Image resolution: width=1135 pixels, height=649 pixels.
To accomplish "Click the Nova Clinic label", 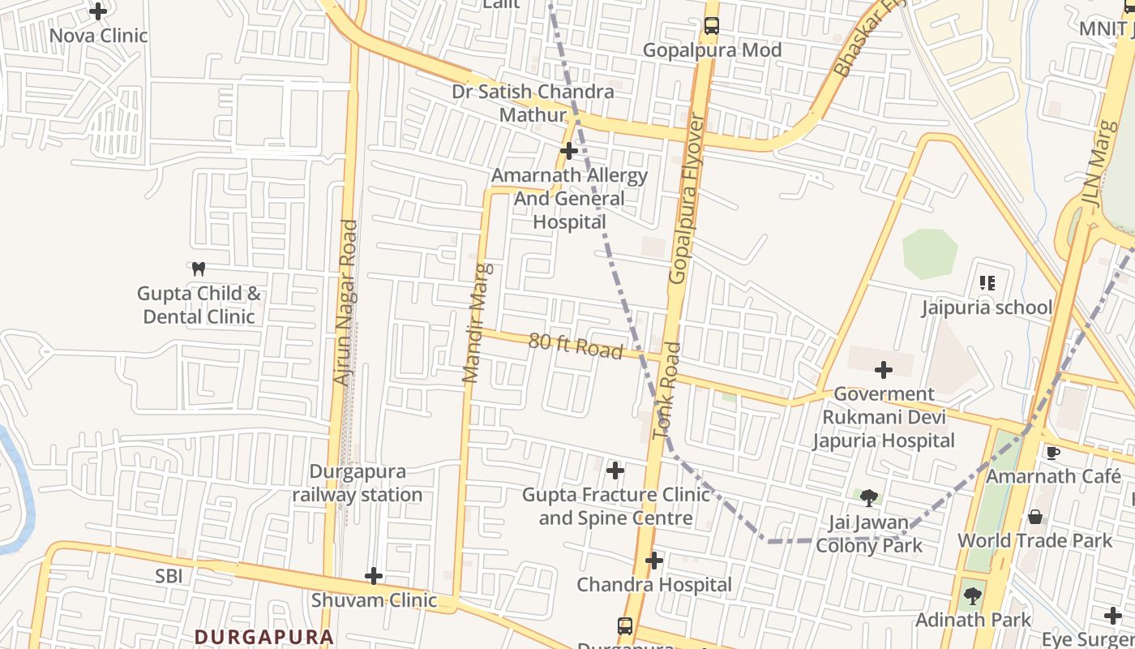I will [98, 36].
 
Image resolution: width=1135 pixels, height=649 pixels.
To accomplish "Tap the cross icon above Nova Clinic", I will [98, 11].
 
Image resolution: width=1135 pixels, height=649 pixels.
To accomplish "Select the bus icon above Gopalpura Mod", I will [711, 26].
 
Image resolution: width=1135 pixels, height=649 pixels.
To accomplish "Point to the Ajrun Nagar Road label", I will [345, 303].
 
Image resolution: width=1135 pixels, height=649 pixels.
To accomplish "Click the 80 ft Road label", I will [576, 345].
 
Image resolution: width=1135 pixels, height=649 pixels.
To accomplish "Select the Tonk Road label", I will [666, 391].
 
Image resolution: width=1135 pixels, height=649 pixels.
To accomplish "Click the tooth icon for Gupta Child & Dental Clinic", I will [198, 269].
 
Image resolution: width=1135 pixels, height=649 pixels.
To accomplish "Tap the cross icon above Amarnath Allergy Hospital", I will [569, 151].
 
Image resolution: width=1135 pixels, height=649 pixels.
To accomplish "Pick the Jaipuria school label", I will [987, 307].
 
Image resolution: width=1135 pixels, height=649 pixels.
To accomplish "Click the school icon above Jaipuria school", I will [987, 283].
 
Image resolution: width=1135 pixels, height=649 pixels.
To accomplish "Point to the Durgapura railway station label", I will [358, 484].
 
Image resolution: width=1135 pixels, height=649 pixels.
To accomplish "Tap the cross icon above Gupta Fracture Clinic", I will [615, 471].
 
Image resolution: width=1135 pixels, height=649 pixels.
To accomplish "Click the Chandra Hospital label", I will [654, 584].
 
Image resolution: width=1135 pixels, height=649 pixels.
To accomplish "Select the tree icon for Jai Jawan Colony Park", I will [869, 497].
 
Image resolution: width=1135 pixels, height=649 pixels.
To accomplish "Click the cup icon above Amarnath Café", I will [1052, 453].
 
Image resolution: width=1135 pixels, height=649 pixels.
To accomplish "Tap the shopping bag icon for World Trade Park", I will [1035, 517].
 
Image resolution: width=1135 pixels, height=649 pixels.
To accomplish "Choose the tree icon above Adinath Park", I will [973, 596].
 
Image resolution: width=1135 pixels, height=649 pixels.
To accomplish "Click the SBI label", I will [169, 576].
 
